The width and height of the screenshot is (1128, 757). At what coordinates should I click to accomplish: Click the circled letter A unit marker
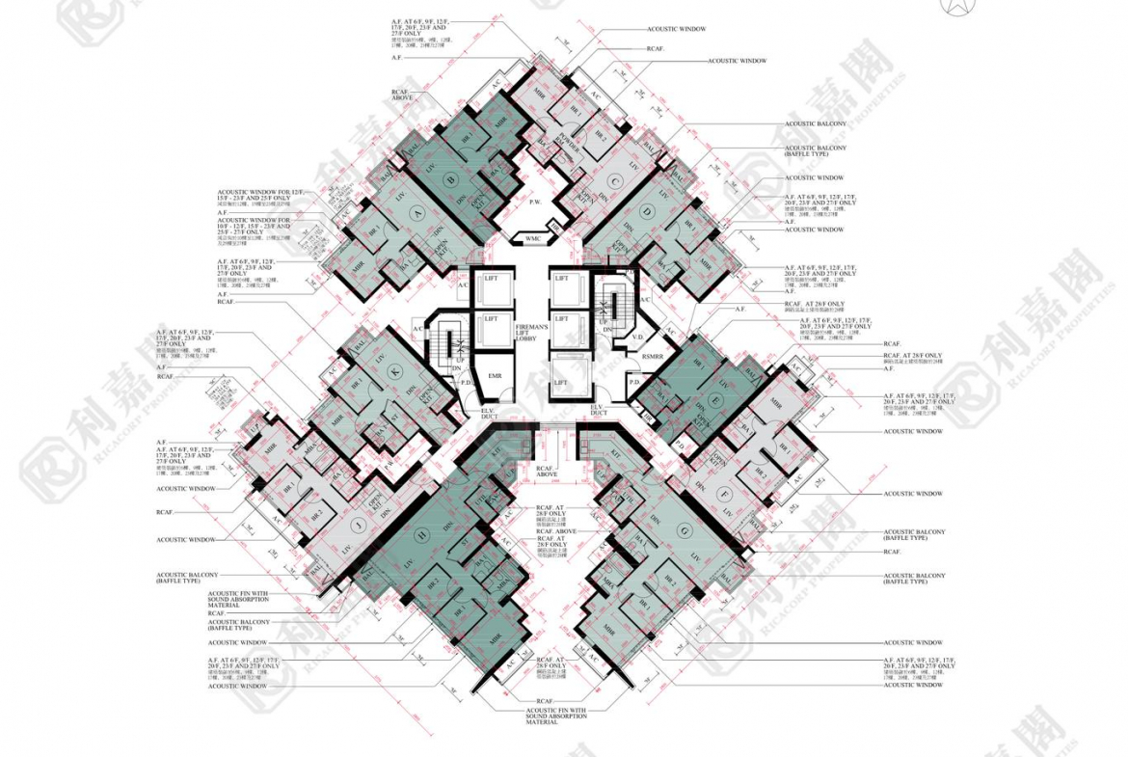416,213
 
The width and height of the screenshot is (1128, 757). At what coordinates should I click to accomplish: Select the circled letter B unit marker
449,178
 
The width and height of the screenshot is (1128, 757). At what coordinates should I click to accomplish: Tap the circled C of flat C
614,180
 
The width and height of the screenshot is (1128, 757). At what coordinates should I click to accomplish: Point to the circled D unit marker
647,212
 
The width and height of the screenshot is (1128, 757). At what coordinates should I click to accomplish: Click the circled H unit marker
421,534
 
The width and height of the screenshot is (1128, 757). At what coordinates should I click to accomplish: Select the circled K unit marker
393,372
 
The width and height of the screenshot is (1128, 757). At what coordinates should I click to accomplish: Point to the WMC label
533,237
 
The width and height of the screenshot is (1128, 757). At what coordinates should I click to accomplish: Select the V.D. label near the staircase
637,338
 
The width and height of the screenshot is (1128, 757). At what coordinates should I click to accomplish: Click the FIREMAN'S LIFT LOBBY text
531,334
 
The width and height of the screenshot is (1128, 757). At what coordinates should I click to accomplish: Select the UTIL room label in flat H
481,494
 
